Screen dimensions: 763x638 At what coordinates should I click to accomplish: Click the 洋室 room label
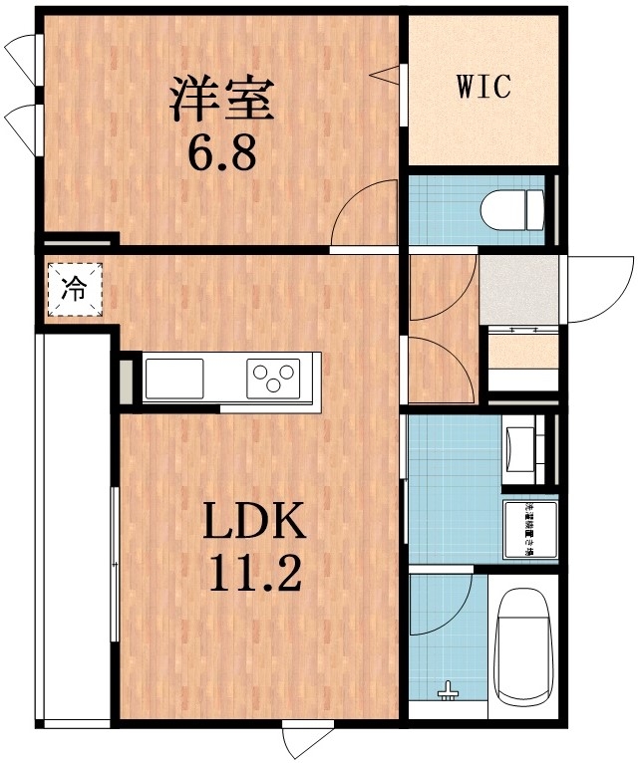tap(220, 98)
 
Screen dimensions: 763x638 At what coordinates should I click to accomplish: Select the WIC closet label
tap(483, 87)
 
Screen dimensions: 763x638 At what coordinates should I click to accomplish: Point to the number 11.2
tap(254, 574)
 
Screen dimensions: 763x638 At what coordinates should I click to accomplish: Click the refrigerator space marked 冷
tap(74, 289)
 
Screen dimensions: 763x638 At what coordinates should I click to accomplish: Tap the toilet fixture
tap(511, 211)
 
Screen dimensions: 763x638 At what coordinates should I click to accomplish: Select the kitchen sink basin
tap(174, 378)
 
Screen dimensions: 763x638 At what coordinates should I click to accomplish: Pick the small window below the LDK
tap(300, 738)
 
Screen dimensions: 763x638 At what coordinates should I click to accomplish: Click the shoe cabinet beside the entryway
tap(521, 365)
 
